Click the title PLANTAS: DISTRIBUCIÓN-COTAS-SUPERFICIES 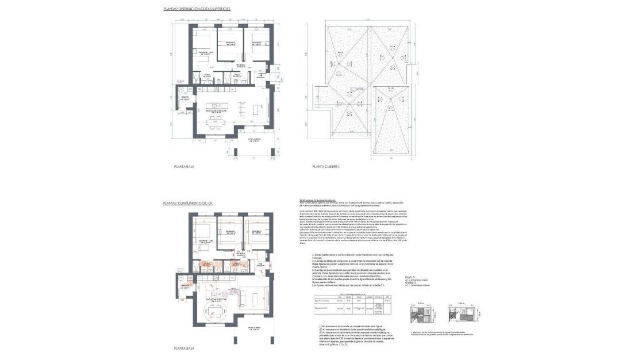point(198,10)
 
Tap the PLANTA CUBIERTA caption point(325,167)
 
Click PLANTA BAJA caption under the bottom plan point(185,348)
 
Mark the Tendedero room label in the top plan point(185,98)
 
